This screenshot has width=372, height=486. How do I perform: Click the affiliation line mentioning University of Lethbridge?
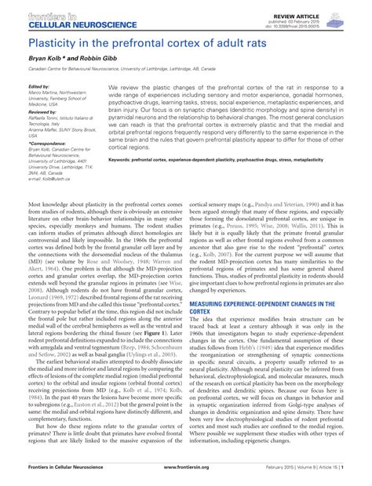141,69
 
